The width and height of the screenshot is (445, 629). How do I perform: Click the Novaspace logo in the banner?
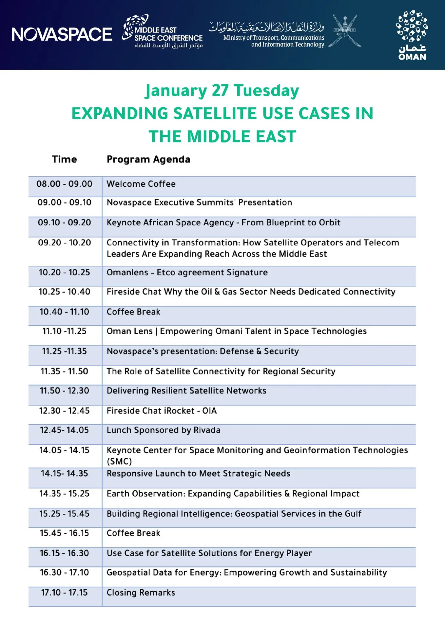click(62, 34)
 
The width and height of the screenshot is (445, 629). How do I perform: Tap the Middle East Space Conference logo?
click(162, 32)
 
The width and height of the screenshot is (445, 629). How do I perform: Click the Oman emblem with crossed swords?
click(345, 31)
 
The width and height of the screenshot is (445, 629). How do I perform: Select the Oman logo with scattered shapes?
click(412, 35)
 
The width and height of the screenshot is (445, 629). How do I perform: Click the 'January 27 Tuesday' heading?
click(222, 90)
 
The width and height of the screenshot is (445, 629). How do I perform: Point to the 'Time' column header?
click(64, 159)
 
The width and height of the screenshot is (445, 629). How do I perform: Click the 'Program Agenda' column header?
click(148, 160)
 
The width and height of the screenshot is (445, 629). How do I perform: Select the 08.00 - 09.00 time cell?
click(64, 184)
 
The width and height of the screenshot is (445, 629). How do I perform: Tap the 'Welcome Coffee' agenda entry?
click(141, 184)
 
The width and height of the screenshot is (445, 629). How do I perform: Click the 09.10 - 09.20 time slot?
click(64, 222)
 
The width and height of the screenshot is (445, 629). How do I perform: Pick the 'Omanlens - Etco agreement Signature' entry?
click(187, 273)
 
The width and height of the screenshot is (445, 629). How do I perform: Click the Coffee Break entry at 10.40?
click(133, 312)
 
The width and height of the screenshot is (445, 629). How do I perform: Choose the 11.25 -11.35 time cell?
click(64, 351)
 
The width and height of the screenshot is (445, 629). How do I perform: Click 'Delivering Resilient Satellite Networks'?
click(186, 391)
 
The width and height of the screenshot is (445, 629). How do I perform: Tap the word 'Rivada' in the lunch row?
click(207, 430)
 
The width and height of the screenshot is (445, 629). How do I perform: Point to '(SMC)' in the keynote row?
click(119, 462)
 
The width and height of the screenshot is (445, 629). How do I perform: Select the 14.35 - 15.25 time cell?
click(64, 494)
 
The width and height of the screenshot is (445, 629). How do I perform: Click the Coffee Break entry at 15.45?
click(133, 533)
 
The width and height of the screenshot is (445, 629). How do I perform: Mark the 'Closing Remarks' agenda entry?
click(141, 593)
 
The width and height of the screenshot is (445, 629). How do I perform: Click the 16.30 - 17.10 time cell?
click(64, 573)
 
